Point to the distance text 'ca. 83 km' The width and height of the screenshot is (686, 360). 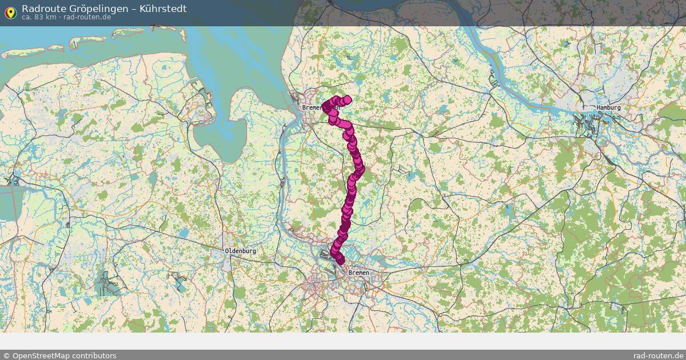point(38,17)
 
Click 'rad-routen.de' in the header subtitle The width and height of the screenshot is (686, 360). point(87,17)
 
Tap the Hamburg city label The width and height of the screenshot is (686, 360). point(608,107)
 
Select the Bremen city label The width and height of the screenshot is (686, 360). point(358,273)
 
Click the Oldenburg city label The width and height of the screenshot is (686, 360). point(241,251)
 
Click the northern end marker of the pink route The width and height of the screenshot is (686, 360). point(347,99)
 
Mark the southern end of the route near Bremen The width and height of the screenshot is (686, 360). point(340,261)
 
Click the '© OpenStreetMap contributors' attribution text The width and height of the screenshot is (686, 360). point(60,355)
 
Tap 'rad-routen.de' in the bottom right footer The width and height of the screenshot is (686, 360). point(659,355)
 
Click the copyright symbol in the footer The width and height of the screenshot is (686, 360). point(6,355)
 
